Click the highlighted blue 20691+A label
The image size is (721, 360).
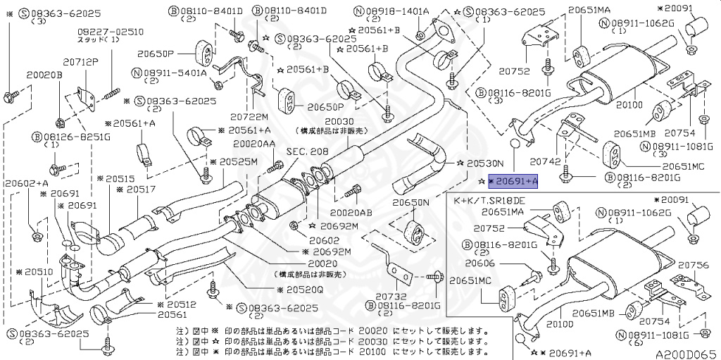(x=512, y=181)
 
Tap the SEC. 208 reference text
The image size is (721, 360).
(x=307, y=151)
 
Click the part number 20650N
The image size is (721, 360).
(x=411, y=203)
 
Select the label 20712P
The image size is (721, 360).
(x=82, y=61)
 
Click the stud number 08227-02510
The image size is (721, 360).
(x=101, y=32)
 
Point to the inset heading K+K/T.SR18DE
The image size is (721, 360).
(x=490, y=201)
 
